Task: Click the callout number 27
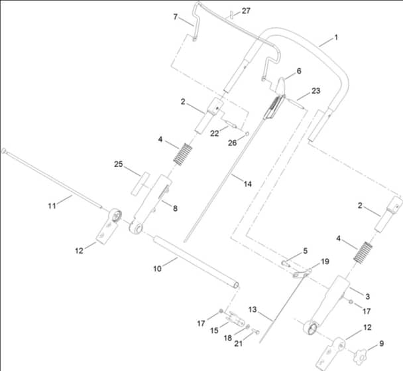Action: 246,11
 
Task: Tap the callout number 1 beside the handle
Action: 336,38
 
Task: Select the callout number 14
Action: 247,184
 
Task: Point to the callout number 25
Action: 119,164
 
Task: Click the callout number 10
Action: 157,269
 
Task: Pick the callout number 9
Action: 382,344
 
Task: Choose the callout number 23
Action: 316,90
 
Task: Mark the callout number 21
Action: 238,344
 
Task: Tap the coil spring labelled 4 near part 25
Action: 183,155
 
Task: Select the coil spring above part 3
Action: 363,252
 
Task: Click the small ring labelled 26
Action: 247,134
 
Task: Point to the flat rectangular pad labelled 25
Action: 141,183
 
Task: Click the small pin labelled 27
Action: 231,15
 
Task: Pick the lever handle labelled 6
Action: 281,85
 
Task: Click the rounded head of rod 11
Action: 3,151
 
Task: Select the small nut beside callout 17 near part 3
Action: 351,301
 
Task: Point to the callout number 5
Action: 305,251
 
